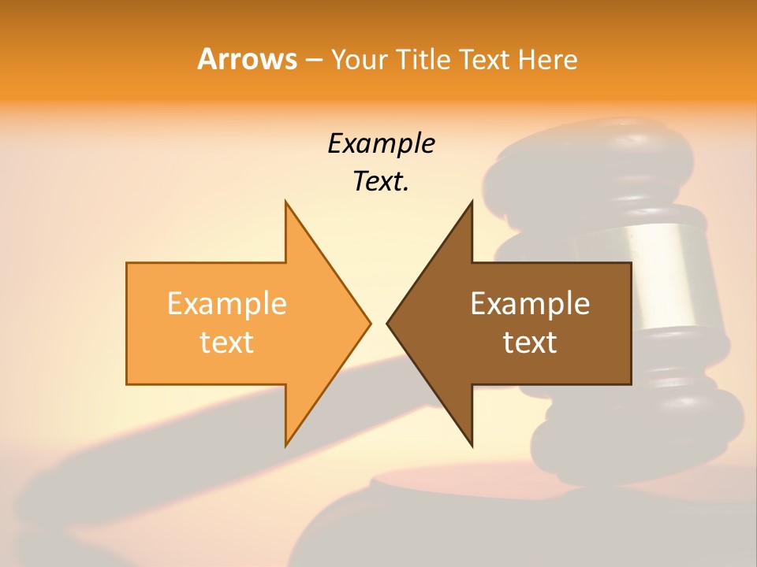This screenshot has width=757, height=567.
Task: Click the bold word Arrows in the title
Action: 247,59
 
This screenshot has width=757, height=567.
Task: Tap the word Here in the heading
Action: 548,60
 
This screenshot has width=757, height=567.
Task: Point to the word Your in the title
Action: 358,60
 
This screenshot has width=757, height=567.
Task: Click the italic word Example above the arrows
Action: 381,143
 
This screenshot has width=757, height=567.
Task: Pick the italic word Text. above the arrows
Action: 381,181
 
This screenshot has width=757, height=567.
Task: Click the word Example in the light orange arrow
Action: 226,303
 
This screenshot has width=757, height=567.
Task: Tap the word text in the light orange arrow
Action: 226,342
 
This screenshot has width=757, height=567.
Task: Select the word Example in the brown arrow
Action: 530,303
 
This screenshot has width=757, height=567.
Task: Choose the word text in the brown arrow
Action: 530,342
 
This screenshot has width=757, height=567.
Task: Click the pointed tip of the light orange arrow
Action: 369,323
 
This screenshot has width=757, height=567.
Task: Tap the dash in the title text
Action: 313,60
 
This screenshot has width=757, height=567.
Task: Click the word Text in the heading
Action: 483,60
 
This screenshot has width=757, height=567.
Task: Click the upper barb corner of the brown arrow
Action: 472,203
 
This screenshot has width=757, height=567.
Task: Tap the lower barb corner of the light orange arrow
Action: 286,444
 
